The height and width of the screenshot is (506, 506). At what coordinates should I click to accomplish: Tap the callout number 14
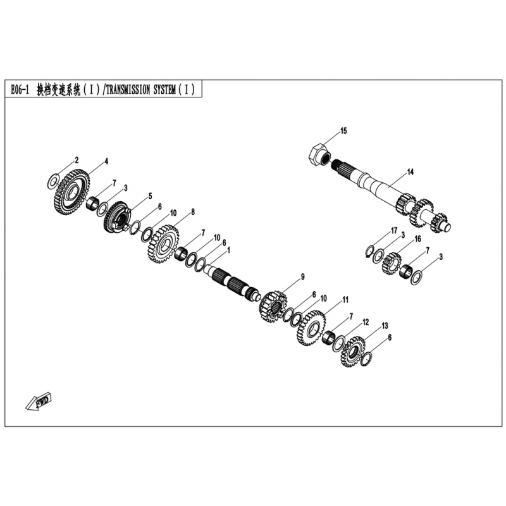[x=410, y=172]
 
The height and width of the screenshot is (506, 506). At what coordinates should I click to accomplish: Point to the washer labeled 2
[x=53, y=181]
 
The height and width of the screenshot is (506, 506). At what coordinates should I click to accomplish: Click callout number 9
[x=303, y=277]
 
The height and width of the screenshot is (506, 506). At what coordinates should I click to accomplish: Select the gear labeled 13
[x=353, y=352]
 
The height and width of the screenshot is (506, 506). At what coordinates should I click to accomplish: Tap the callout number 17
[x=394, y=231]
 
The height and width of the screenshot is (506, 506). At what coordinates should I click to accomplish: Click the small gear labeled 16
[x=392, y=263]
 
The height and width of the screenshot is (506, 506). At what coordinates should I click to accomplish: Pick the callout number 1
[x=229, y=250]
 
